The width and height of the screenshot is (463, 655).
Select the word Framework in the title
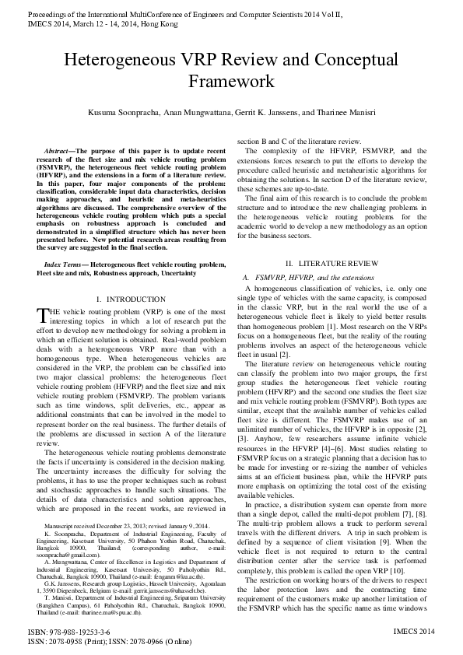coord(231,81)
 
